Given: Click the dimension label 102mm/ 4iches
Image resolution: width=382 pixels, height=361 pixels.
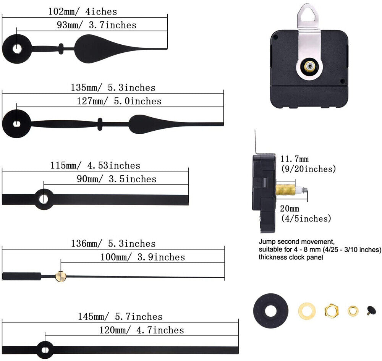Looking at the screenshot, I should (x=83, y=11).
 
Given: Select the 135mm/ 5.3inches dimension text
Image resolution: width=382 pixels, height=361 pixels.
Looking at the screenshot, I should (x=113, y=87).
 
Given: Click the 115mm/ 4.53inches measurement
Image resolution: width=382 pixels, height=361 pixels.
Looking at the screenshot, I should (x=95, y=165).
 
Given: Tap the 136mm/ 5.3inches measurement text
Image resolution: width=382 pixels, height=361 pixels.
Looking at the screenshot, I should (x=113, y=244).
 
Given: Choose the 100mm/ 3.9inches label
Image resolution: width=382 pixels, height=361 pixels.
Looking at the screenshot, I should (x=142, y=257).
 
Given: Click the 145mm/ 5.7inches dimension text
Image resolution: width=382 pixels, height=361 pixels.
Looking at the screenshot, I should (x=120, y=317).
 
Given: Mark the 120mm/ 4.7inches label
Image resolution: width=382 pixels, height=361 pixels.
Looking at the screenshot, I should (x=141, y=330).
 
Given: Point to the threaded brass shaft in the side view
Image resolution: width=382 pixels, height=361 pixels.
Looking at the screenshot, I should (x=286, y=189).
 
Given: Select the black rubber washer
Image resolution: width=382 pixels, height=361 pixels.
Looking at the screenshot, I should (x=271, y=310).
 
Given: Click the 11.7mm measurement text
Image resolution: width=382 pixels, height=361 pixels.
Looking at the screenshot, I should (x=295, y=159).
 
